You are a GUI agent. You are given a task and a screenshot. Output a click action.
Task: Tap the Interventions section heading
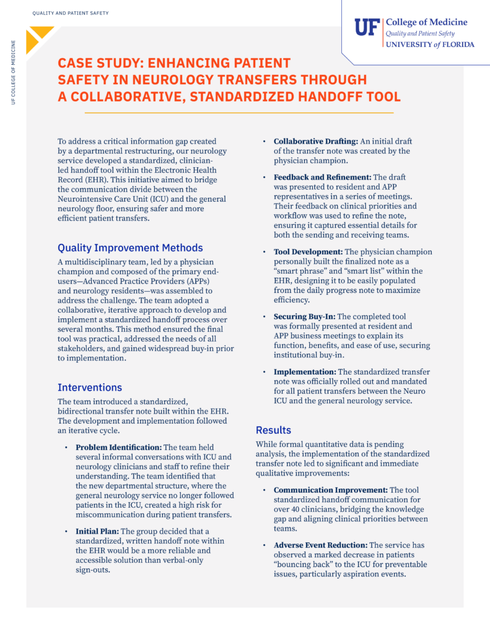pyautogui.click(x=90, y=387)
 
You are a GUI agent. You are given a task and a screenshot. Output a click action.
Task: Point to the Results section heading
pyautogui.click(x=273, y=430)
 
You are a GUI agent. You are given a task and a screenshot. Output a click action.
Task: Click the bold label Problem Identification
pyautogui.click(x=118, y=447)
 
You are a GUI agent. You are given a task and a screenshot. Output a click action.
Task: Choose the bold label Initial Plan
pyautogui.click(x=97, y=531)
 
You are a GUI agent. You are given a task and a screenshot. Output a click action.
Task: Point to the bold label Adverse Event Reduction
pyautogui.click(x=320, y=544)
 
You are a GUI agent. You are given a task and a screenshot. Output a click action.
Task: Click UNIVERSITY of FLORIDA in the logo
pyautogui.click(x=430, y=45)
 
